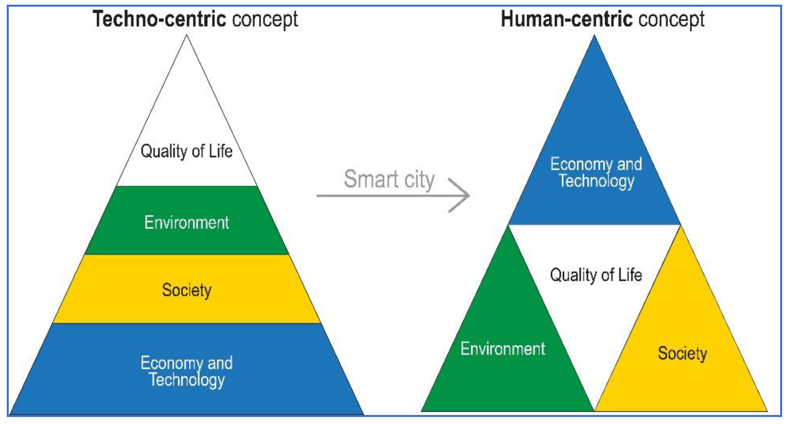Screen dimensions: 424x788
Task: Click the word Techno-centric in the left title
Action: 159,19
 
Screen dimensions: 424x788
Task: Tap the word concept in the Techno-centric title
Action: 265,20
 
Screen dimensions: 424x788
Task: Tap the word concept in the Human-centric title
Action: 672,20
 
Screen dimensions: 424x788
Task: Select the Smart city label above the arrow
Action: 389,179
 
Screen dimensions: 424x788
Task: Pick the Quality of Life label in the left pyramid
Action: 187,151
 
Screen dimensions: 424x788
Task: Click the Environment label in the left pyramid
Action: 187,222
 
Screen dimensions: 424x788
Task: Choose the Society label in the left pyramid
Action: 187,290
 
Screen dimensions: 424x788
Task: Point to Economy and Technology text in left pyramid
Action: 187,371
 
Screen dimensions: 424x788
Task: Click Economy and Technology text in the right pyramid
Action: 596,173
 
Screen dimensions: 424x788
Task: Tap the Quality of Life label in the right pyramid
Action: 596,275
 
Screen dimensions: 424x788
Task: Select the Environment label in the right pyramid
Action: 503,348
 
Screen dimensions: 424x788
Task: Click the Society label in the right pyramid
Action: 682,354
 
